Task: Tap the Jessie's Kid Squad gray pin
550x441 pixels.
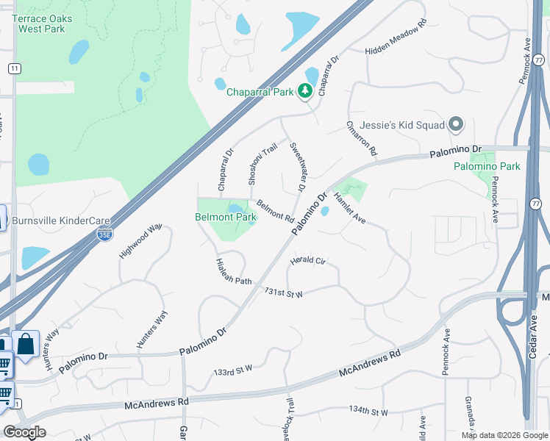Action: pos(456,124)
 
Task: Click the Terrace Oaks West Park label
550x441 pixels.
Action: pos(46,24)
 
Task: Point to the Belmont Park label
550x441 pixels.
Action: pos(226,217)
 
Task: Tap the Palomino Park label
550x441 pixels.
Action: pos(486,166)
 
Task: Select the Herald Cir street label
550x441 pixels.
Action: pos(307,260)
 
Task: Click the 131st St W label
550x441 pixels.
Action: pos(284,292)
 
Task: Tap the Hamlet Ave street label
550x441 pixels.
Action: pos(350,207)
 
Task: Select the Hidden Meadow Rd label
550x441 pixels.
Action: pos(396,38)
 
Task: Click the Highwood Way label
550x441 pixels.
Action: pos(140,242)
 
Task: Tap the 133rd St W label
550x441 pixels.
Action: pos(232,368)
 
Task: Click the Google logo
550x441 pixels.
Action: pos(25,432)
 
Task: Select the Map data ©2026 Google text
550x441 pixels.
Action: pos(504,435)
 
